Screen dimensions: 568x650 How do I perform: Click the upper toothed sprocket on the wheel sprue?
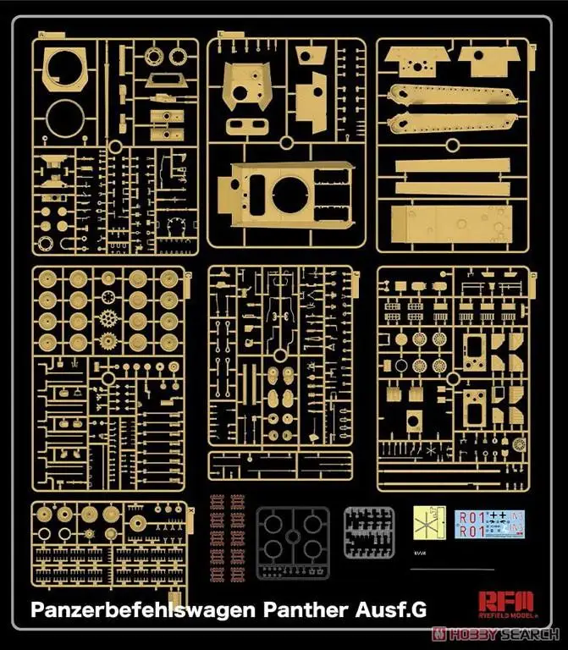(108, 320)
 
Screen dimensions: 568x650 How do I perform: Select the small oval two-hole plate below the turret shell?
(245, 126)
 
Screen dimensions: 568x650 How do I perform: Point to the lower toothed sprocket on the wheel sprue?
(108, 344)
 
